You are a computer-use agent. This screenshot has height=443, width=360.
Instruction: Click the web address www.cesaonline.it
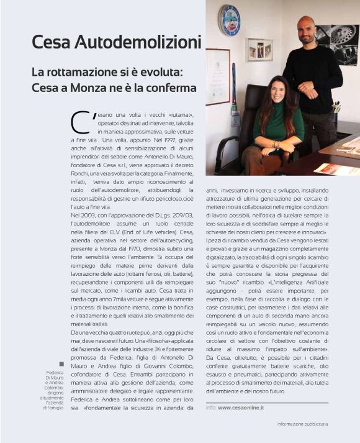pyautogui.click(x=241, y=407)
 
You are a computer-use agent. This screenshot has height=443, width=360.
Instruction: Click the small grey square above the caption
pyautogui.click(x=61, y=364)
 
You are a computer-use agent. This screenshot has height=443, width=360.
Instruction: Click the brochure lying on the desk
pyautogui.click(x=336, y=168)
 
